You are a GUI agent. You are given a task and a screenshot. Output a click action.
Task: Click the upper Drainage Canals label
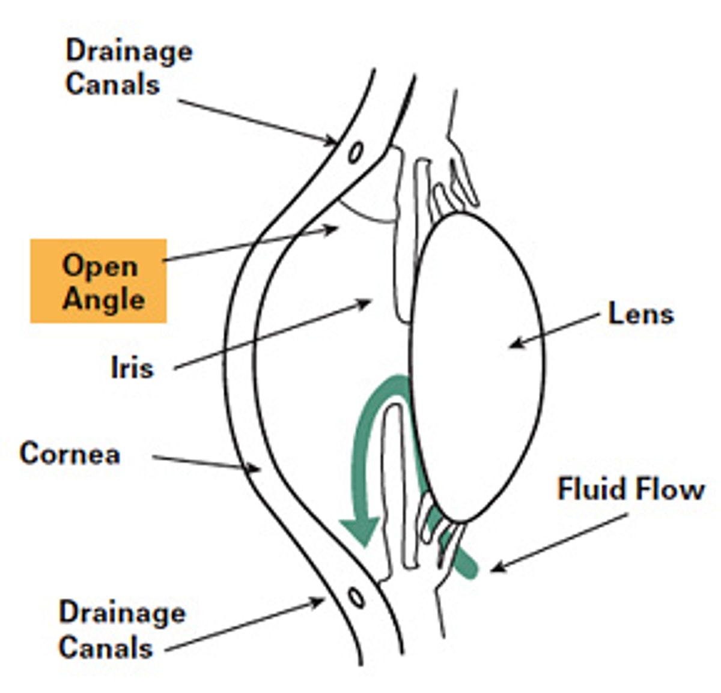[x=129, y=67]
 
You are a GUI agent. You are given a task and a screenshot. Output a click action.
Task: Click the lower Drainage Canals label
[x=122, y=629]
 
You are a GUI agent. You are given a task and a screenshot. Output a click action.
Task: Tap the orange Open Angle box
[x=99, y=281]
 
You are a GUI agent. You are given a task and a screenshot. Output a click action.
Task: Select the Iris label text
[x=132, y=368]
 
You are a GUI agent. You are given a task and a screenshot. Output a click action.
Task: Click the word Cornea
[x=70, y=453]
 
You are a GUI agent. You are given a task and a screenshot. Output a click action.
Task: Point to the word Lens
[x=640, y=314]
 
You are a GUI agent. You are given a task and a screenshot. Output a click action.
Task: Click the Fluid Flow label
[x=630, y=489]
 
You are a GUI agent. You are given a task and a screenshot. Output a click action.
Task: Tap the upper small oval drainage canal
[x=356, y=151]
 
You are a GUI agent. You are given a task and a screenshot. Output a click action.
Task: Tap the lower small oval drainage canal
[x=356, y=598]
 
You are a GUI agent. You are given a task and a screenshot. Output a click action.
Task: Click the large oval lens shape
[x=478, y=366]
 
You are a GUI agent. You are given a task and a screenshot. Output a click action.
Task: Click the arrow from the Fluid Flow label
[x=559, y=541]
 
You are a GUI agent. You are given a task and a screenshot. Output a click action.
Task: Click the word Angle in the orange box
[x=103, y=298]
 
